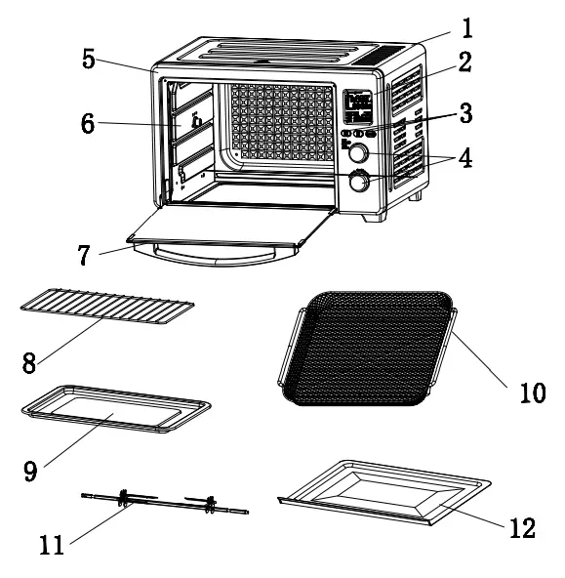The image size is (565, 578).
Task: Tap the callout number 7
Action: [x=85, y=256]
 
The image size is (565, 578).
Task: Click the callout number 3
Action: [x=464, y=113]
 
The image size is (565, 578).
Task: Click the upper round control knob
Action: [x=358, y=153]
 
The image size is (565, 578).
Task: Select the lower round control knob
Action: [x=360, y=182]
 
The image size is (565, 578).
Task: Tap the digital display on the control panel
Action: [x=360, y=105]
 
